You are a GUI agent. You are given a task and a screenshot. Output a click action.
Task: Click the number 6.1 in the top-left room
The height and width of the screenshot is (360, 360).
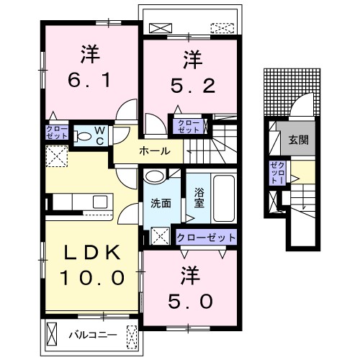pos(89,80)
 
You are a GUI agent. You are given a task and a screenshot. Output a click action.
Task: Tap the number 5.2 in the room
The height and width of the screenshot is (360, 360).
pos(193,86)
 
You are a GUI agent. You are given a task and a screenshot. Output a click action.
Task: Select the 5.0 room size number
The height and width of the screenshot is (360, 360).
pos(190,302)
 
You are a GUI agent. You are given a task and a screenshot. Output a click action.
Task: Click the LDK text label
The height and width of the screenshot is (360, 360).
pos(92,252)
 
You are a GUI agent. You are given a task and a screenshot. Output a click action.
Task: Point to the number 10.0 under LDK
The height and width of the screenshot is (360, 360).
pos(92,278)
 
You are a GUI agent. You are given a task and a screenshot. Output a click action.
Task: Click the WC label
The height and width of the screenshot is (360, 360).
pos(100,136)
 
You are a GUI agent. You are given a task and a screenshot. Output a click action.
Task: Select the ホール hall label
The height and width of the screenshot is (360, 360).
pos(155,151)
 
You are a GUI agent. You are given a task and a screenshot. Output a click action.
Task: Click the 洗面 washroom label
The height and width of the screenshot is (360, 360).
pos(161,203)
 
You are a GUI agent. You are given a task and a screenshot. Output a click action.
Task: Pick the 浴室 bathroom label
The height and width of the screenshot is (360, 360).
pos(199,198)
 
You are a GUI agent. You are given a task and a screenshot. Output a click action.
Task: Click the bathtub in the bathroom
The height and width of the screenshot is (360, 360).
pos(224,199)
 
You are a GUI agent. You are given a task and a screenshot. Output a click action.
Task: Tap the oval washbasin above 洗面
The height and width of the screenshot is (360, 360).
pos(155,177)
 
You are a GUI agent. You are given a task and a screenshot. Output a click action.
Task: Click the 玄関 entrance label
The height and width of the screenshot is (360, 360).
pos(298,140)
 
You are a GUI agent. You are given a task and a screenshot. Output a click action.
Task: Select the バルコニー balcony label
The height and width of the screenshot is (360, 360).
pos(93,335)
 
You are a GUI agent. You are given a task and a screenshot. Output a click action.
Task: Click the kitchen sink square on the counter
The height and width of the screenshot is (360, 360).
pos(100,202)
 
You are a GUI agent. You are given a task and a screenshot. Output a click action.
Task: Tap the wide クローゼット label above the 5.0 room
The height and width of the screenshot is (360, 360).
pos(206,238)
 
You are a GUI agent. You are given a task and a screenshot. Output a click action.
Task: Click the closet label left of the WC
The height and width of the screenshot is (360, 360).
pos(57,132)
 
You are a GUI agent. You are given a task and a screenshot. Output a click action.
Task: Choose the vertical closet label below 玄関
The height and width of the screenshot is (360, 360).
pos(277,173)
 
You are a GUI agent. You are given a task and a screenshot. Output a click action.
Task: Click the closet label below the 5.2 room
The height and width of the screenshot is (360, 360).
pos(189,127)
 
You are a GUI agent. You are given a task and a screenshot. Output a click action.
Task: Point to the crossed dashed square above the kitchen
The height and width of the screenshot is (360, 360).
pos(57,156)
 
